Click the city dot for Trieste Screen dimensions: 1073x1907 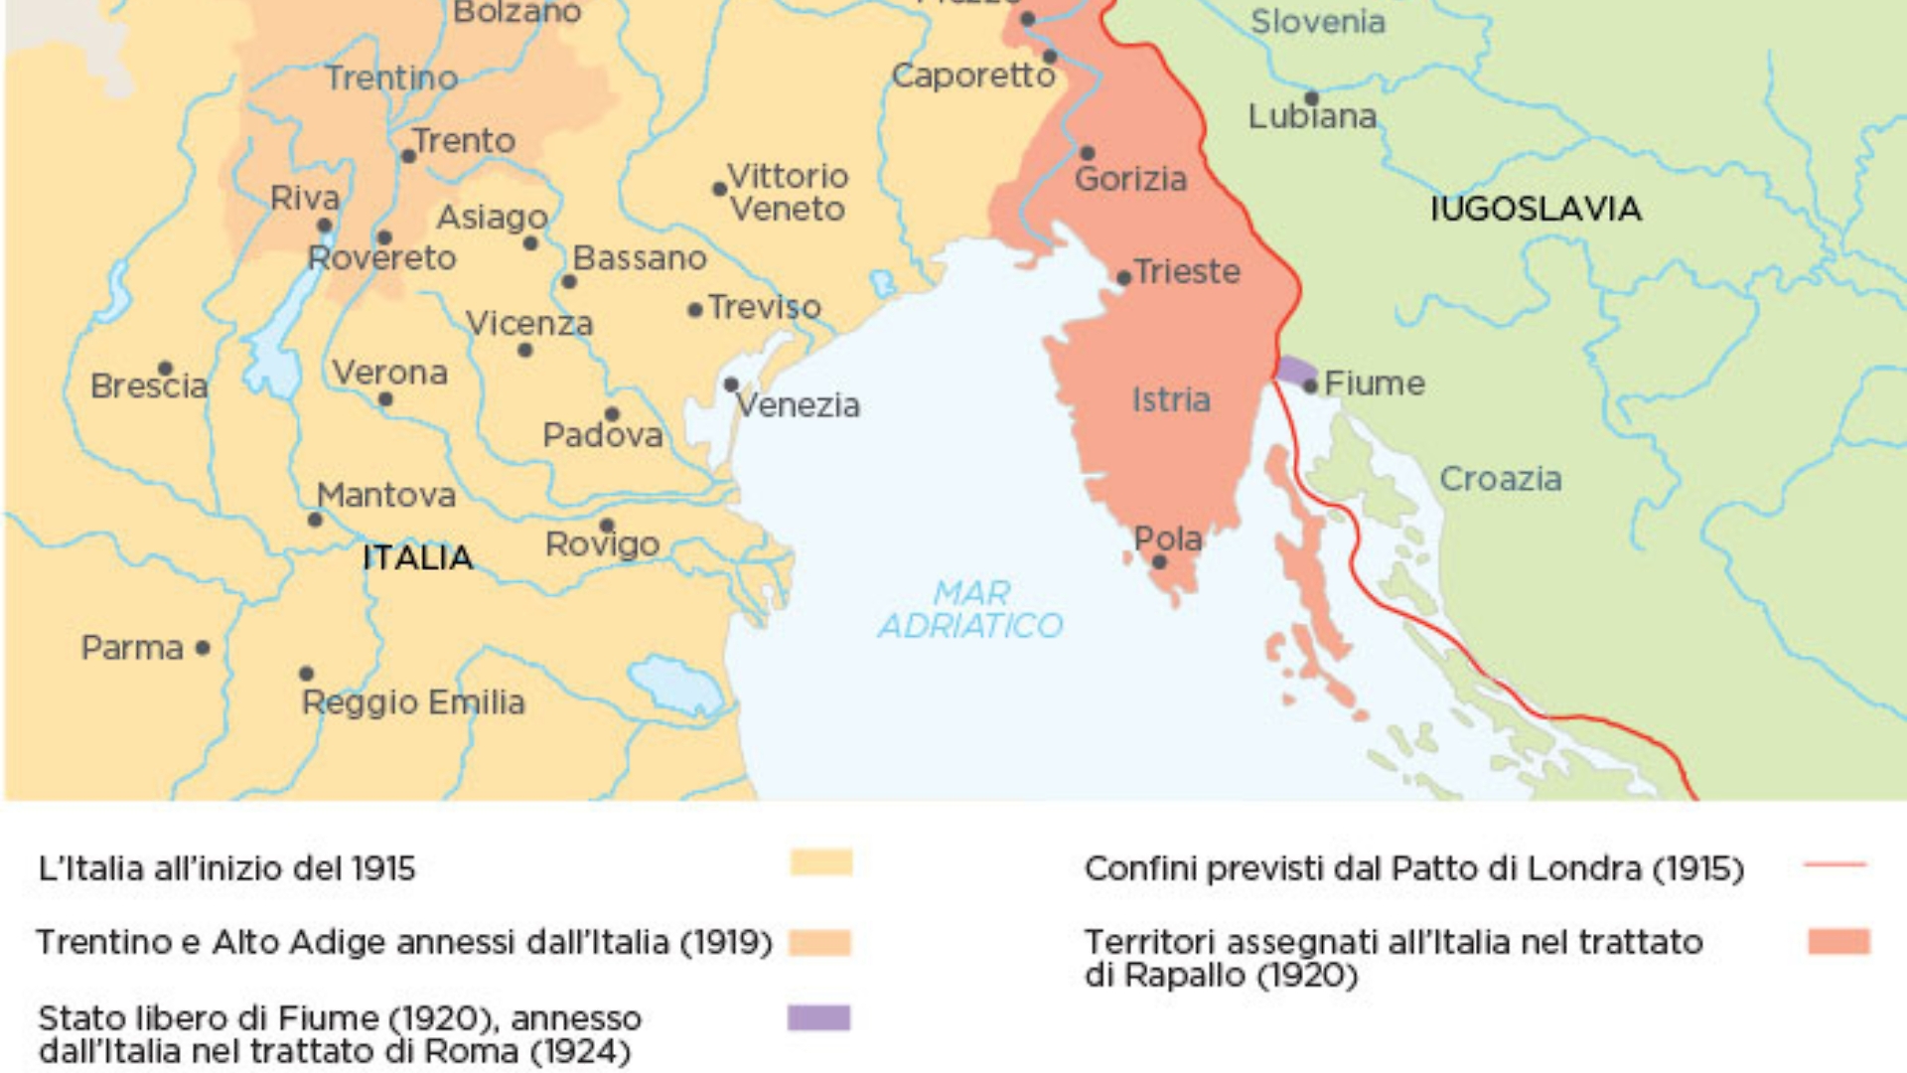pyautogui.click(x=1123, y=278)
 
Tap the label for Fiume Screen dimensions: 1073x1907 pyautogui.click(x=1374, y=383)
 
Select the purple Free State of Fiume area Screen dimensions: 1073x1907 pyautogui.click(x=1293, y=370)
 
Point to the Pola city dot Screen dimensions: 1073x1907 pyautogui.click(x=1159, y=562)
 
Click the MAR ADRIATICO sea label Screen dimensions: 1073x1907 pyautogui.click(x=970, y=609)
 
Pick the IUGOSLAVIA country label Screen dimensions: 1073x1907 pyautogui.click(x=1536, y=209)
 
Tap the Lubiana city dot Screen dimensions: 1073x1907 pyautogui.click(x=1311, y=98)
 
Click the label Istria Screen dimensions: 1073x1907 pyautogui.click(x=1171, y=399)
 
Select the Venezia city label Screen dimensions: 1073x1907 pyautogui.click(x=798, y=405)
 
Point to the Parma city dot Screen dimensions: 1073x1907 pyautogui.click(x=203, y=648)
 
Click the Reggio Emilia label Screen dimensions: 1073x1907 pyautogui.click(x=413, y=702)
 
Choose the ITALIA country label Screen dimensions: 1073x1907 pyautogui.click(x=417, y=557)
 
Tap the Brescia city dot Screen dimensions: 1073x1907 pyautogui.click(x=166, y=369)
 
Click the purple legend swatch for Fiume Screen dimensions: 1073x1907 pyautogui.click(x=818, y=1017)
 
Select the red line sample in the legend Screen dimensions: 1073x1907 pyautogui.click(x=1834, y=865)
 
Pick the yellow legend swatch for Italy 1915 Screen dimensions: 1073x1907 pyautogui.click(x=821, y=862)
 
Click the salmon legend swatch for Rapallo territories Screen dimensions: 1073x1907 pyautogui.click(x=1838, y=941)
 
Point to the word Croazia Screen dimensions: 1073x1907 pyautogui.click(x=1500, y=479)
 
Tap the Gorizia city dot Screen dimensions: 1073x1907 pyautogui.click(x=1088, y=153)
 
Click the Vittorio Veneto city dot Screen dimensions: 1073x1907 pyautogui.click(x=719, y=189)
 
